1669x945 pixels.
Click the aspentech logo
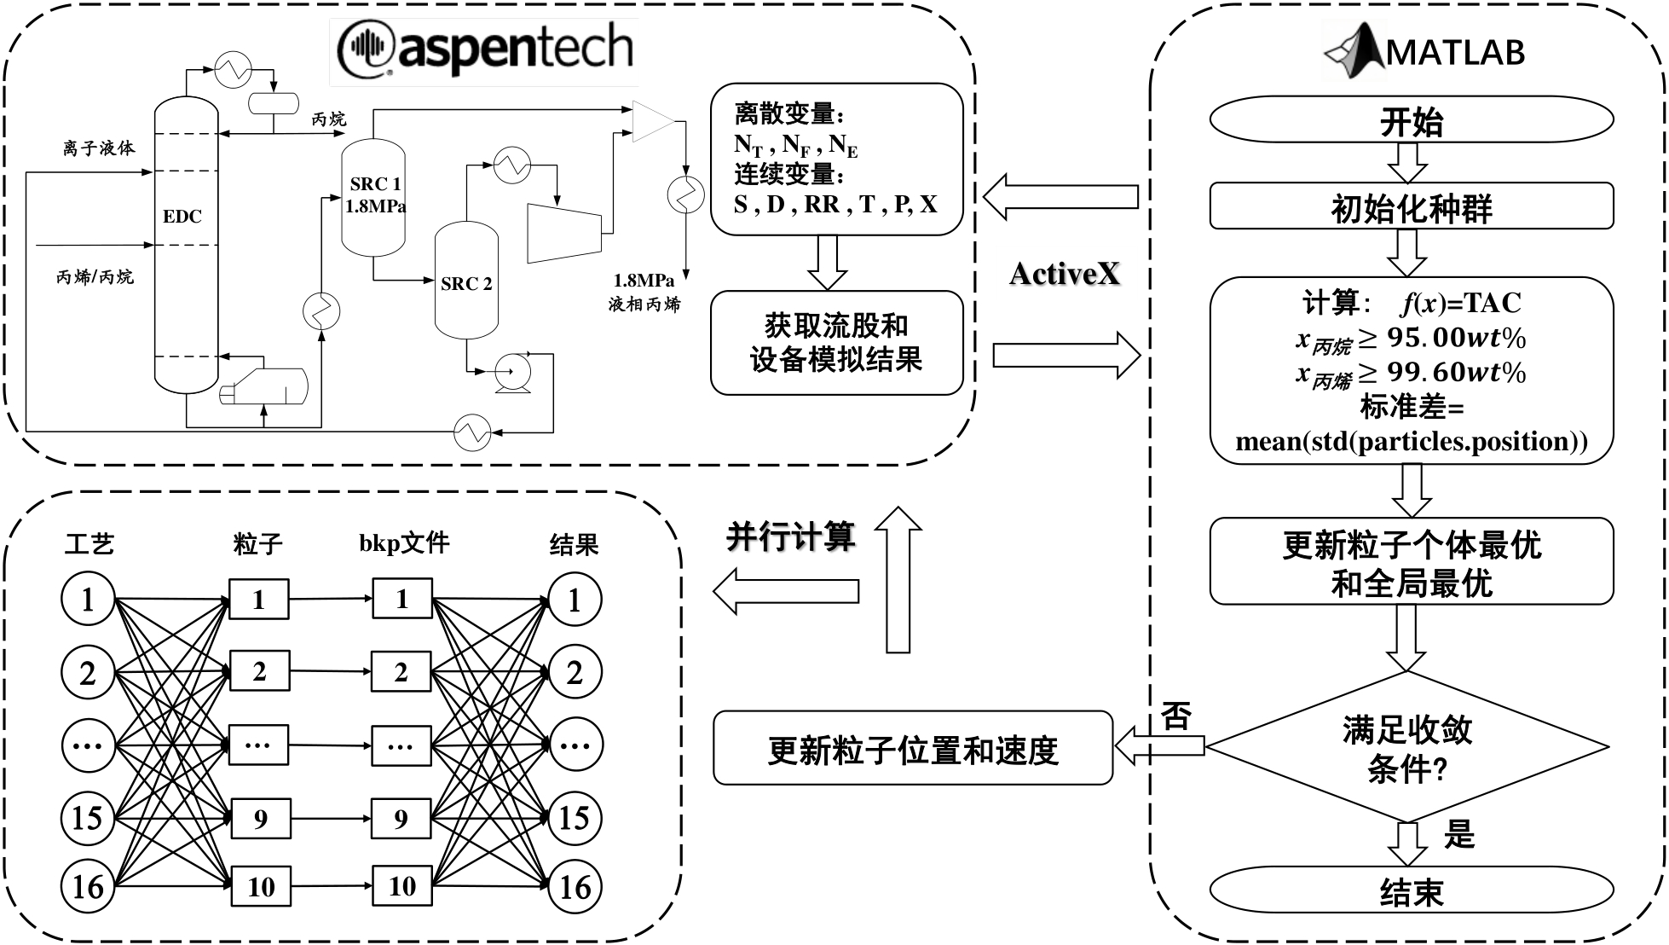pyautogui.click(x=485, y=49)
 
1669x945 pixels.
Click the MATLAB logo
pyautogui.click(x=1424, y=51)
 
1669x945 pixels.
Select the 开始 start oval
pyautogui.click(x=1412, y=121)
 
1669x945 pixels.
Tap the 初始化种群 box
pyautogui.click(x=1412, y=207)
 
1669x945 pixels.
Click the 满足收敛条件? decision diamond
pyautogui.click(x=1407, y=748)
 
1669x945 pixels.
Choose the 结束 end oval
pyautogui.click(x=1412, y=891)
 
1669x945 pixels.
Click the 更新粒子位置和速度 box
pyautogui.click(x=913, y=749)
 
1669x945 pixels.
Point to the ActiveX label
pyautogui.click(x=1064, y=274)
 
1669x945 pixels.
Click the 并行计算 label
pyautogui.click(x=790, y=537)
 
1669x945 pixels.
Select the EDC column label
pyautogui.click(x=182, y=217)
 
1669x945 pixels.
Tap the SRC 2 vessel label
pyautogui.click(x=466, y=284)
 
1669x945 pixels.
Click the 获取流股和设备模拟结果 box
pyautogui.click(x=836, y=343)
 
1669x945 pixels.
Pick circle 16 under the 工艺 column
pyautogui.click(x=88, y=887)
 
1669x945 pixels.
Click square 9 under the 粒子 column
pyautogui.click(x=260, y=819)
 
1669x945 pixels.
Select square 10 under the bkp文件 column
pyautogui.click(x=401, y=886)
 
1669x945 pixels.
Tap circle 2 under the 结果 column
pyautogui.click(x=575, y=673)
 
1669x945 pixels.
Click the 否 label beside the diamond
pyautogui.click(x=1176, y=716)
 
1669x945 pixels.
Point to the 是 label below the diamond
pyautogui.click(x=1459, y=834)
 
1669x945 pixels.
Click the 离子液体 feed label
pyautogui.click(x=99, y=148)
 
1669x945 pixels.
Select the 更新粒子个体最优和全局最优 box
pyautogui.click(x=1412, y=562)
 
